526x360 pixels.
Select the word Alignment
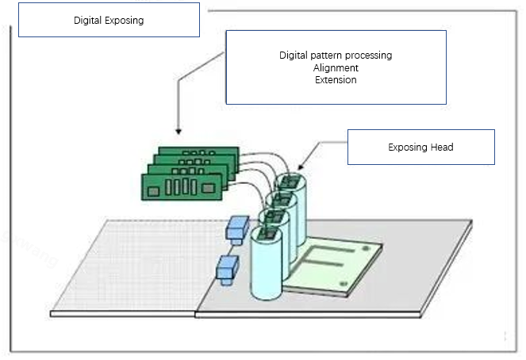coord(336,68)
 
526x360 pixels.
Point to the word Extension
coord(336,80)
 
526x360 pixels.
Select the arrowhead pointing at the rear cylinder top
coord(301,167)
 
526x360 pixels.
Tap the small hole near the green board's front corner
coord(344,282)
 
